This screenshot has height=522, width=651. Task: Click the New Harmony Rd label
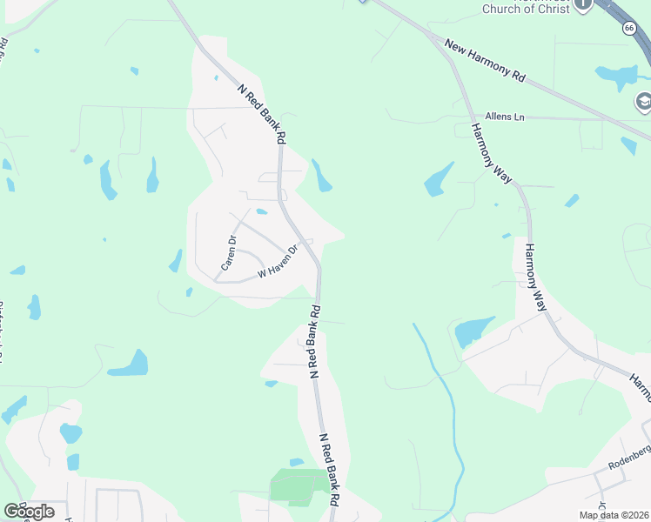click(486, 61)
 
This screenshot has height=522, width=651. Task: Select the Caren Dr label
click(229, 251)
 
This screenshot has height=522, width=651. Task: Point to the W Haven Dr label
click(278, 263)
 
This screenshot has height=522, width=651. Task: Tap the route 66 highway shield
click(628, 28)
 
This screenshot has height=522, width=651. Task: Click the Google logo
click(29, 511)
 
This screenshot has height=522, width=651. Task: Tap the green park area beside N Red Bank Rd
click(299, 485)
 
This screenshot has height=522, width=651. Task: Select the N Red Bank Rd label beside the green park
click(328, 470)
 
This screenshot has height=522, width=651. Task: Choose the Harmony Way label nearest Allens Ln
click(492, 152)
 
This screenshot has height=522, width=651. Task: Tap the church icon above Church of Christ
click(583, 4)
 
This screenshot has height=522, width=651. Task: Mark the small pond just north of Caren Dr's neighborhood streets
click(261, 211)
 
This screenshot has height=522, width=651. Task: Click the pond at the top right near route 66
click(620, 77)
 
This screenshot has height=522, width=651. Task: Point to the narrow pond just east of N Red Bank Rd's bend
click(322, 176)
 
